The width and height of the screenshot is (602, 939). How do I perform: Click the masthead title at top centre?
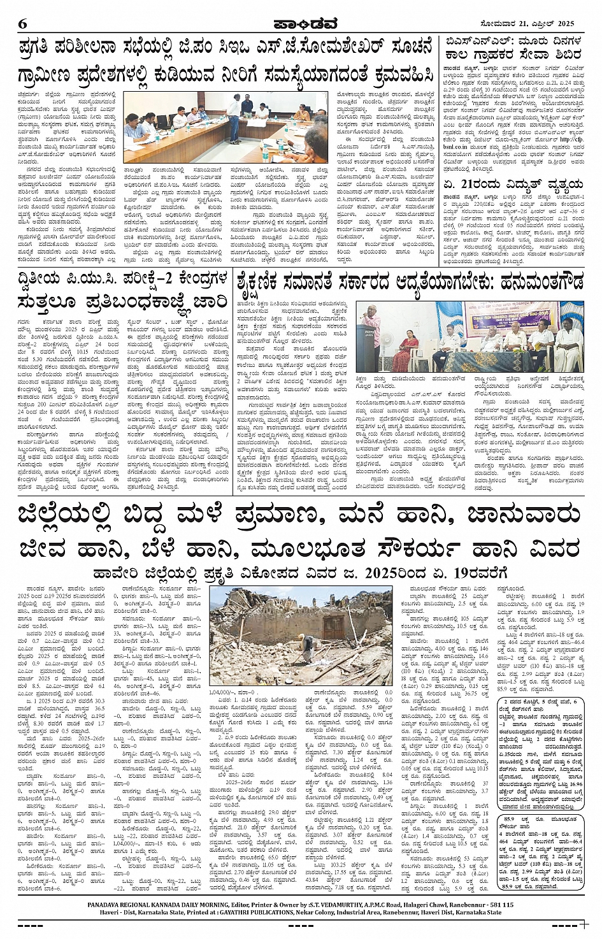click(x=301, y=24)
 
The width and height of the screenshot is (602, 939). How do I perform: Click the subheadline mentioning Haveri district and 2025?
click(x=300, y=572)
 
